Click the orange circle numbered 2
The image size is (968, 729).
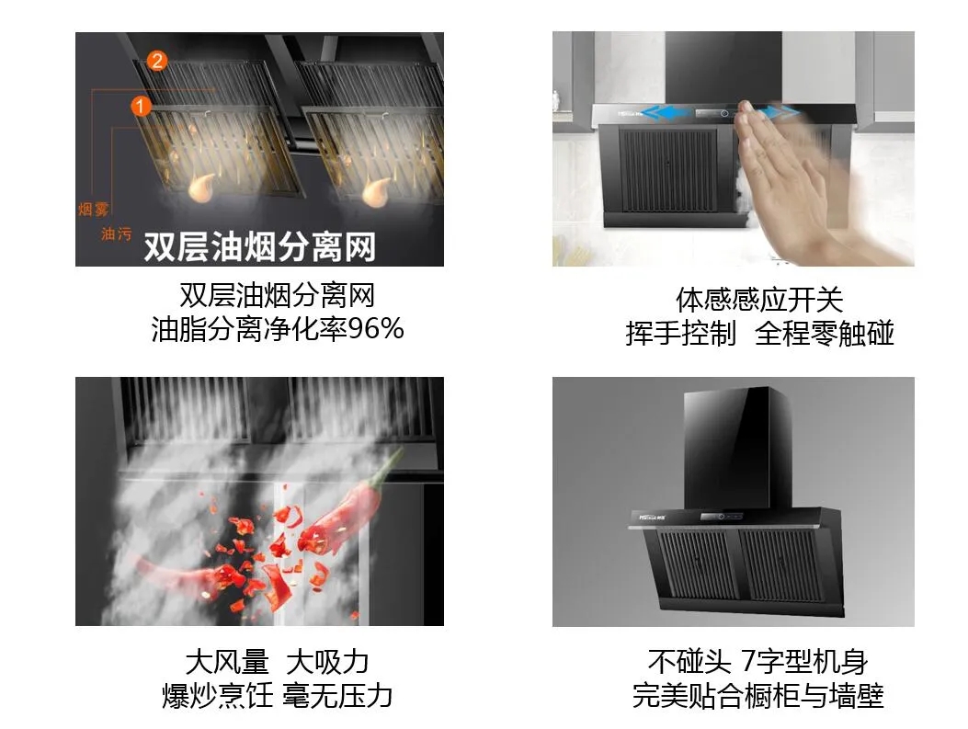pyautogui.click(x=156, y=62)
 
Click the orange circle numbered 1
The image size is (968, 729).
pyautogui.click(x=141, y=107)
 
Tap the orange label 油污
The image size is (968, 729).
pyautogui.click(x=116, y=234)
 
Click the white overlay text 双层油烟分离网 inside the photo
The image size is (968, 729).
pyautogui.click(x=259, y=246)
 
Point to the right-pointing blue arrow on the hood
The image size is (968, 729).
pyautogui.click(x=781, y=114)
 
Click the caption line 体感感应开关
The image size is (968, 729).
pyautogui.click(x=758, y=300)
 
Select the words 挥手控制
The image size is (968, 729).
pyautogui.click(x=680, y=333)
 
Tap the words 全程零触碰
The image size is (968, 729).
pyautogui.click(x=824, y=333)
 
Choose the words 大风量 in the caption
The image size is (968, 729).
pyautogui.click(x=226, y=661)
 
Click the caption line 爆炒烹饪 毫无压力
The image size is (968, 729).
pyautogui.click(x=277, y=695)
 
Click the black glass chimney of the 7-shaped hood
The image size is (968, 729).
pyautogui.click(x=732, y=441)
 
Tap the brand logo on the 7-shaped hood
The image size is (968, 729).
pyautogui.click(x=654, y=518)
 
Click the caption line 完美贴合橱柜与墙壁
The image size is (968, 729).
pyautogui.click(x=758, y=695)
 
